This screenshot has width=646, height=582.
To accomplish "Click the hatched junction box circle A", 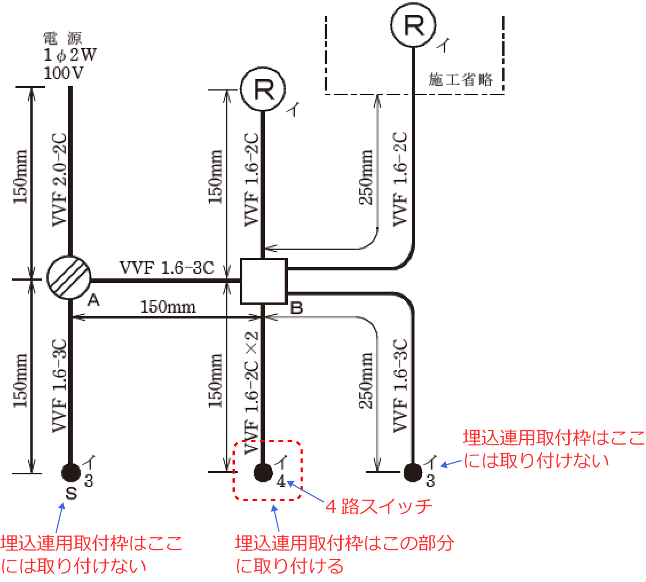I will click(69, 278).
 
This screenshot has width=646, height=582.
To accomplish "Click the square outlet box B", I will click(263, 281).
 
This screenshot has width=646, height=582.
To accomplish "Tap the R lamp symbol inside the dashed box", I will click(413, 25).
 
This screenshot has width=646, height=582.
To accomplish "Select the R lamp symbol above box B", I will click(263, 89).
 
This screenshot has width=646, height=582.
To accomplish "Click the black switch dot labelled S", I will click(70, 473).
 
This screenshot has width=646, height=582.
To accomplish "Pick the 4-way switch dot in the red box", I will click(263, 473).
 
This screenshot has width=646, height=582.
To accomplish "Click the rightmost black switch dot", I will click(412, 473).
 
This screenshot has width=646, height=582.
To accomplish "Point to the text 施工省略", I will click(461, 79).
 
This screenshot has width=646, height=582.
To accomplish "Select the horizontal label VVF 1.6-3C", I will click(167, 267).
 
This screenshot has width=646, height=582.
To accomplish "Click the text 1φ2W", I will click(66, 56).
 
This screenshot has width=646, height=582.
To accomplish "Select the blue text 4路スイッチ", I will click(379, 506).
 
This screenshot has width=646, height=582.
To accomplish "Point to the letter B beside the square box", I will click(297, 308).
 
